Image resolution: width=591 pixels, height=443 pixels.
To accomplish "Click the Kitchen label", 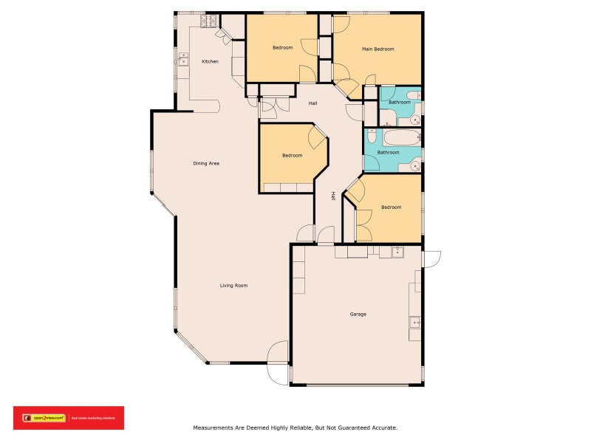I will (210, 61).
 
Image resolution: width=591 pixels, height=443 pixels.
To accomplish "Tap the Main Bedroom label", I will (378, 49).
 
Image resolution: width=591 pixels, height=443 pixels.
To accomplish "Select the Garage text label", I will (358, 314).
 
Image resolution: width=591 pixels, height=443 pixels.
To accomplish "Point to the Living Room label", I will (233, 285).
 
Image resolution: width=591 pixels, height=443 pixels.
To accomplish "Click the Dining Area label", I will (206, 163).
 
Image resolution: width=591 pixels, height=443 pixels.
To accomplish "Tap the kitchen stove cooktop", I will (211, 21).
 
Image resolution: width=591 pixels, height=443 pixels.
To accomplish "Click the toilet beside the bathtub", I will (372, 136).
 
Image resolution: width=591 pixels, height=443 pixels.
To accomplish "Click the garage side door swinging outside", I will (431, 259).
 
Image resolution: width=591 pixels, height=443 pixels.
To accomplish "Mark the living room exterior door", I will (278, 363).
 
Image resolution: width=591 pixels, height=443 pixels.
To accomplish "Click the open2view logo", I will (45, 418).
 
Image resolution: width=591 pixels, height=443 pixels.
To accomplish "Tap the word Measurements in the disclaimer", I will (216, 427).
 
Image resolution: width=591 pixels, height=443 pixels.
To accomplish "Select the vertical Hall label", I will (334, 196).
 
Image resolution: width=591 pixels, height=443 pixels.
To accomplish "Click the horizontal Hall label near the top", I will (313, 103).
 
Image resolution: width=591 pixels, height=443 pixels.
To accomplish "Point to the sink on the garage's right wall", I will (415, 322).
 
